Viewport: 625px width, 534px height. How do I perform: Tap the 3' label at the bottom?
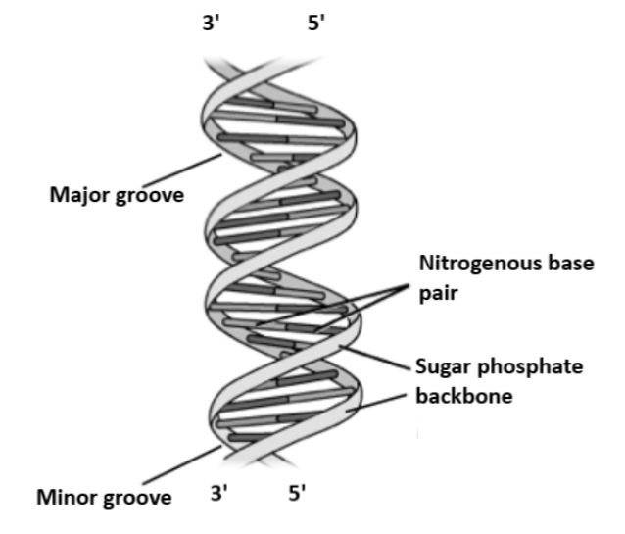(x=220, y=493)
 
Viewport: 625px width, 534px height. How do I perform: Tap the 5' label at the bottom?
(x=299, y=493)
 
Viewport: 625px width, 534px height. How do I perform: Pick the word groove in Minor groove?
(x=137, y=498)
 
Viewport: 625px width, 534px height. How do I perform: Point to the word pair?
(x=438, y=291)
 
